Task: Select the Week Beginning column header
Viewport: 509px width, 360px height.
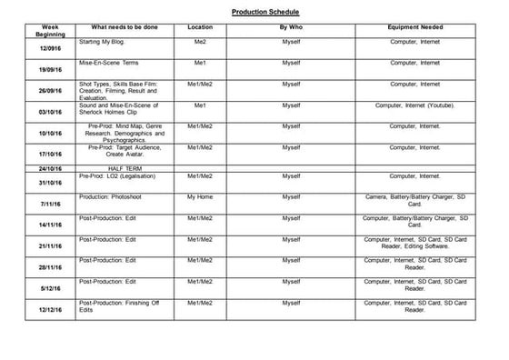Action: (x=50, y=31)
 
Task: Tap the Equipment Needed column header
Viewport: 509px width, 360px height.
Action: (x=414, y=27)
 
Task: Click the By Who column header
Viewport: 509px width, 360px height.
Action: (x=291, y=27)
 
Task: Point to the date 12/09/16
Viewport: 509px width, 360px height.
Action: (x=50, y=49)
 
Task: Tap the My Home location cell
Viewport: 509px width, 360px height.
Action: (x=200, y=196)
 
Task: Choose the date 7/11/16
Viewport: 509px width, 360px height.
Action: (x=50, y=204)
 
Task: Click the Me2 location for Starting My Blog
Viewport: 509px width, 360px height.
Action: (x=200, y=42)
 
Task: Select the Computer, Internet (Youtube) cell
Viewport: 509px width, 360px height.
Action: (x=414, y=105)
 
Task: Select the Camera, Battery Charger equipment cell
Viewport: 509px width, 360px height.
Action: (x=414, y=200)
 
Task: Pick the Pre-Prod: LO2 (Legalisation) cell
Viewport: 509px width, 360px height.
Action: (x=119, y=175)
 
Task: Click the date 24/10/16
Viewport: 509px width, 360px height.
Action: (x=50, y=168)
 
